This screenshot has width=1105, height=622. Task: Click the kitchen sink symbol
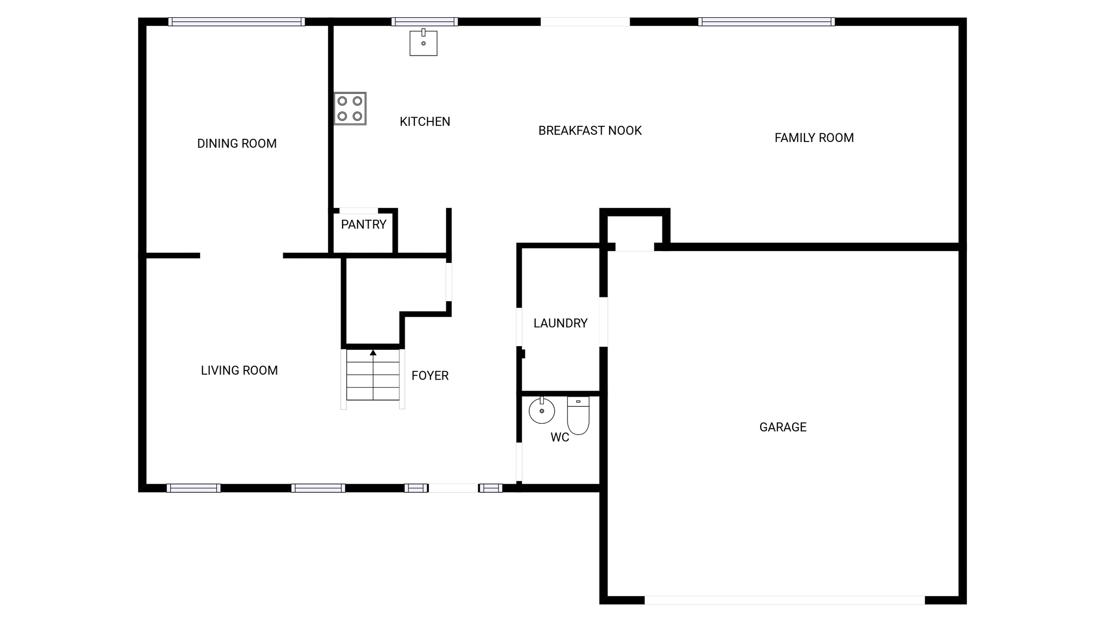tap(423, 42)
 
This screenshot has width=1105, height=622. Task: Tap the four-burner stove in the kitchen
tap(350, 109)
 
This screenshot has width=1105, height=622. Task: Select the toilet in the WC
tap(578, 416)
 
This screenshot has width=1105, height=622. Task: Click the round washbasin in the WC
tap(542, 411)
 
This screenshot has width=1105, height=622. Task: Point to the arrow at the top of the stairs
tap(373, 353)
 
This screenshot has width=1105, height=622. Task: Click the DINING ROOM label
tap(237, 144)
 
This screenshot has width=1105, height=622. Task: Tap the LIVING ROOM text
tap(239, 370)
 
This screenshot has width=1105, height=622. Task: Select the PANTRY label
tap(364, 225)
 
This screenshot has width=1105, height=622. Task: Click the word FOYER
tap(430, 376)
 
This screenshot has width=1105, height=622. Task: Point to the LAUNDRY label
tap(560, 323)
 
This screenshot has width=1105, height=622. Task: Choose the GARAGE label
tap(783, 427)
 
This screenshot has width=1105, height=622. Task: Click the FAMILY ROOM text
tap(814, 138)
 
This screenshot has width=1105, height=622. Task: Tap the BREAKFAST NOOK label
tap(590, 131)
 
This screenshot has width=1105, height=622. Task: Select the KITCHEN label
tap(425, 122)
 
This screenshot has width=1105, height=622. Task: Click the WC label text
tap(560, 437)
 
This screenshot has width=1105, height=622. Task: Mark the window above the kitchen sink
tap(425, 22)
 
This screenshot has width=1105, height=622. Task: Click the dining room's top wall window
tap(236, 22)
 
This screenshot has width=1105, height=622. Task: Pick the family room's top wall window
tap(766, 22)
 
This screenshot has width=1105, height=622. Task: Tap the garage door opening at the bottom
tap(785, 600)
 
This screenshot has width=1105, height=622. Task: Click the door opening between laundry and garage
tap(604, 322)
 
